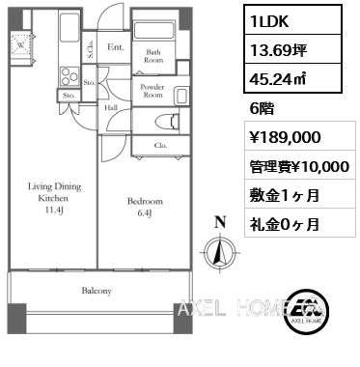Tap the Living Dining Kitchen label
(x=54, y=198)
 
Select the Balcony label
(x=97, y=291)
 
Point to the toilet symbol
(x=166, y=122)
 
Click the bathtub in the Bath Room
(x=153, y=31)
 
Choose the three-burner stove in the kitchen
(x=69, y=76)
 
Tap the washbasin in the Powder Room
(x=181, y=96)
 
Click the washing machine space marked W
(x=20, y=45)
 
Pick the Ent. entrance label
(x=116, y=47)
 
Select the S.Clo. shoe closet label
(x=91, y=49)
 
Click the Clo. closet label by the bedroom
(x=160, y=146)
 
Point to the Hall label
(x=111, y=108)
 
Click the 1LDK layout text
(x=269, y=21)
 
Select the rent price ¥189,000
(x=286, y=137)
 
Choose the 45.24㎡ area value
(x=278, y=78)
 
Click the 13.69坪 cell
(x=292, y=50)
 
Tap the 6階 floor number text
(x=262, y=109)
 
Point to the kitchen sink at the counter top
(x=69, y=26)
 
